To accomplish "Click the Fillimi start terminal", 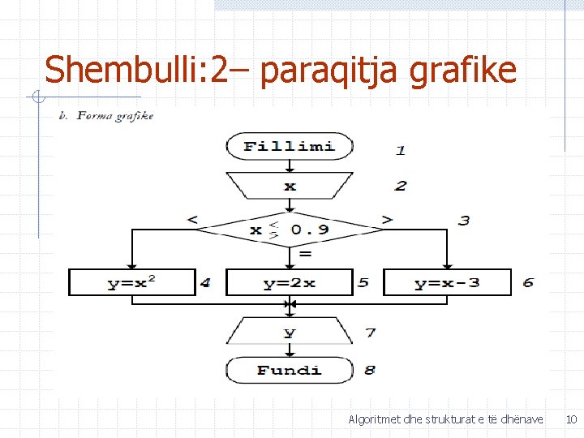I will (290, 147).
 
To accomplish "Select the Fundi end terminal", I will (290, 371).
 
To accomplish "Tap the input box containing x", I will (290, 186).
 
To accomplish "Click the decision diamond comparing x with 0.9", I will (290, 230).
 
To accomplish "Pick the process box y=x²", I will (132, 283).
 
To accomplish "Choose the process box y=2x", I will (290, 283).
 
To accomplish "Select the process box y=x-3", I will (447, 283).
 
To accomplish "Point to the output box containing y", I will (290, 333).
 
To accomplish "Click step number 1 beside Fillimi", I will (401, 149).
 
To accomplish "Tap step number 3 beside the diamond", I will (464, 221).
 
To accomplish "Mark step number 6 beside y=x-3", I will (529, 282).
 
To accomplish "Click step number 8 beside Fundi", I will (370, 370).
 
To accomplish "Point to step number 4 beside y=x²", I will (205, 282).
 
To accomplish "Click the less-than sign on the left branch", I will (191, 219).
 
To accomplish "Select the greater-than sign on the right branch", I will (387, 219).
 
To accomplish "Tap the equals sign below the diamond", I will (305, 254).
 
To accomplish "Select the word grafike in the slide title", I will (463, 71).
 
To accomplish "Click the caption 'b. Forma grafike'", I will (106, 115).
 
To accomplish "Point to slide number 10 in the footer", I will (571, 419).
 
